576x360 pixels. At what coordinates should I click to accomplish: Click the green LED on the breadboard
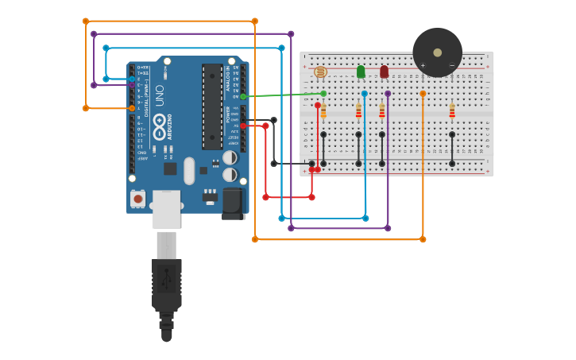point(361,72)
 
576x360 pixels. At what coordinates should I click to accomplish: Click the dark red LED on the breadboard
point(384,72)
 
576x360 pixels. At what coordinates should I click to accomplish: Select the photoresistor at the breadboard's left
point(320,72)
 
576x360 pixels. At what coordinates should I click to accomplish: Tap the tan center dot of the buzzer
point(437,52)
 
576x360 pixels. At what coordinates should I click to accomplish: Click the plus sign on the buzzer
point(423,66)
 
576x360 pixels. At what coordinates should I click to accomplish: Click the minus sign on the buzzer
point(451,66)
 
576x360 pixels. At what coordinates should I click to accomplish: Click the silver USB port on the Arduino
point(166,210)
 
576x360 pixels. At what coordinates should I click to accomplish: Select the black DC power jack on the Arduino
point(232,203)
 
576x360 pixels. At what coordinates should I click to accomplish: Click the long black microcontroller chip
point(212,106)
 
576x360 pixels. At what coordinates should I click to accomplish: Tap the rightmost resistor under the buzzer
point(452,110)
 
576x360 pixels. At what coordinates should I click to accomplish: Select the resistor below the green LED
point(358,110)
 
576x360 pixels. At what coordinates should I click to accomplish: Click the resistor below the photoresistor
point(323,110)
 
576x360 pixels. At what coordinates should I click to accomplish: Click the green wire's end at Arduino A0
point(243,96)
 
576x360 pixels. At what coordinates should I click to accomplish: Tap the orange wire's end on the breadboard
point(423,94)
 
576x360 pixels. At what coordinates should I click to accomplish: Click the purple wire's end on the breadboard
point(388,94)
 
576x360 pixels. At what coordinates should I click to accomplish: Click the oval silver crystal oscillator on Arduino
point(189,170)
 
